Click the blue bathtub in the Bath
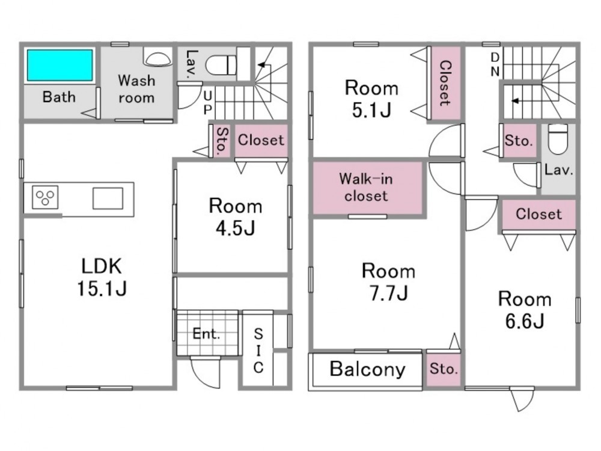(x=59, y=65)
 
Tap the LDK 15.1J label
(x=102, y=277)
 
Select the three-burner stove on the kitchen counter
(x=45, y=197)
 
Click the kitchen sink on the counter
(x=108, y=198)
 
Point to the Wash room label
(x=136, y=89)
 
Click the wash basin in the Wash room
(x=157, y=57)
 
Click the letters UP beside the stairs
(x=207, y=102)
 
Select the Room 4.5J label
(x=236, y=217)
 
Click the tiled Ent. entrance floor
(x=207, y=333)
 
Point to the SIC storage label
(x=258, y=351)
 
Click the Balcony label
(x=367, y=369)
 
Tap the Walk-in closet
(x=368, y=188)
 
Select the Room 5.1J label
(x=371, y=99)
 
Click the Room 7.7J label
(x=388, y=282)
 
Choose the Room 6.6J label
(x=525, y=310)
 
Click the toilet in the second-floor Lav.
(x=558, y=139)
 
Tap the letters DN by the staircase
(x=495, y=64)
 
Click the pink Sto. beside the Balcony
(x=444, y=369)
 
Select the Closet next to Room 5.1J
(x=445, y=83)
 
